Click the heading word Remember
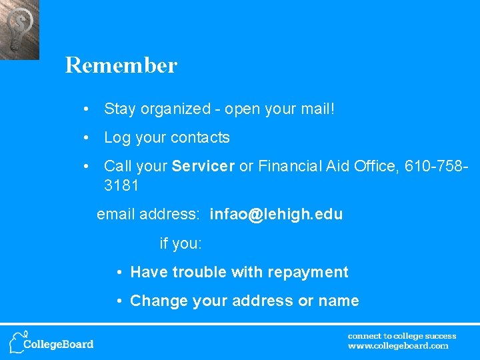click(121, 65)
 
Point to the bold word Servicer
click(203, 167)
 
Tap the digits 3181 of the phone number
click(121, 185)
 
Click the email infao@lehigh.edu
click(276, 215)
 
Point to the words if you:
click(181, 244)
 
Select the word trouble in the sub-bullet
click(199, 273)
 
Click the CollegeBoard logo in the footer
click(51, 342)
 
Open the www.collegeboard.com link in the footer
click(398, 346)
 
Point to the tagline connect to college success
click(402, 336)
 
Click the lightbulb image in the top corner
click(19, 29)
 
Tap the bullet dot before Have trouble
click(118, 273)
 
